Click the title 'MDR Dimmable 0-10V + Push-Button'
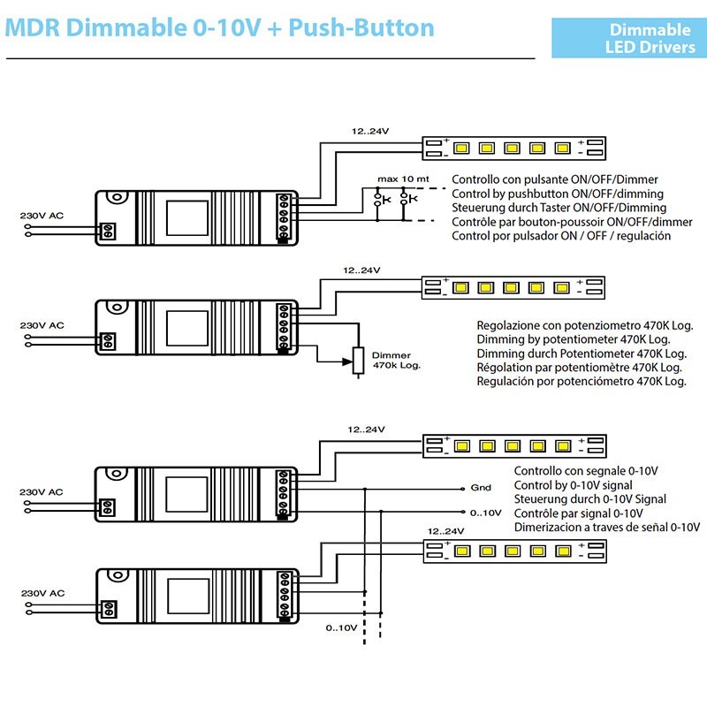[x=220, y=27]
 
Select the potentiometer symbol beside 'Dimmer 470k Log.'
[x=358, y=361]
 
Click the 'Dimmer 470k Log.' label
[x=396, y=359]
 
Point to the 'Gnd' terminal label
[x=481, y=487]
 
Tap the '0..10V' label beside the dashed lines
[x=340, y=627]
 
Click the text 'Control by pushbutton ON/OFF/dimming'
[x=558, y=194]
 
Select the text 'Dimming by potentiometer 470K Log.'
[x=573, y=338]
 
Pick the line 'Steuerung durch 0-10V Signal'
[x=589, y=499]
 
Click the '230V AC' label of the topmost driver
[x=42, y=215]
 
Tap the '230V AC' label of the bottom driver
[x=42, y=593]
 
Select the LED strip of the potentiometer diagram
[x=514, y=287]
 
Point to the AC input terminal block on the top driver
[x=110, y=231]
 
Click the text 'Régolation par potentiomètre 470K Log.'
[x=579, y=367]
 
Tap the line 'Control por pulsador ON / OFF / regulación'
[x=561, y=236]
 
